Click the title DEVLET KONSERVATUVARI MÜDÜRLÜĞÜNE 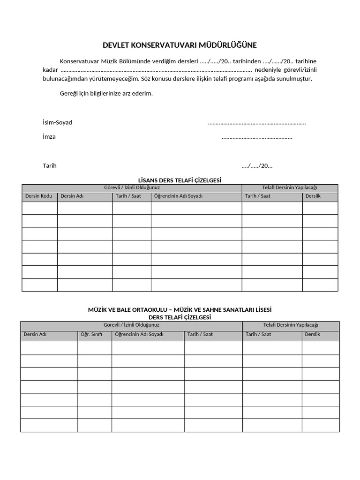coord(180,45)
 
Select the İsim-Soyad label coord(57,122)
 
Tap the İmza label coord(49,137)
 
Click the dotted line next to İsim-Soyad coord(256,123)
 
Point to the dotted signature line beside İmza coord(256,137)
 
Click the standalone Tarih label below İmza coord(50,165)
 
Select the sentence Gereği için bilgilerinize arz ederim coord(106,93)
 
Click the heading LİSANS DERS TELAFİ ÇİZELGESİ coord(180,180)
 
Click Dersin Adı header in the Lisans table coord(72,196)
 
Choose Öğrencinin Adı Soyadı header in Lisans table coord(179,196)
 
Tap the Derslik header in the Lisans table coord(313,196)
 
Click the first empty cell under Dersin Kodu coord(39,208)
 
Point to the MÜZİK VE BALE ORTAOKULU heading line coord(180,310)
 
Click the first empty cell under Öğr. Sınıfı coord(95,348)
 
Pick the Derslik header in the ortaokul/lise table coord(312,334)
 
